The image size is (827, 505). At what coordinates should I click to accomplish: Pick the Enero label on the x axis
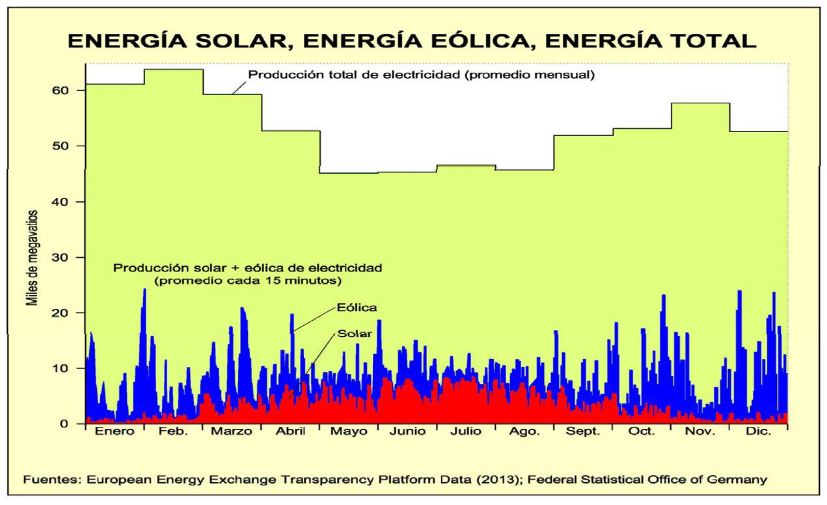coord(114,432)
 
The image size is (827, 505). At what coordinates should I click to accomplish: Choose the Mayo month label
coord(349,432)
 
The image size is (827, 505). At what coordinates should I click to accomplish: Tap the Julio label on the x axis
coord(466,432)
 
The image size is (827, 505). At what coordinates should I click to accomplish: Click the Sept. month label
coord(582,432)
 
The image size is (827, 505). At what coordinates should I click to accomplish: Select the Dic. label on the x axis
coord(759,432)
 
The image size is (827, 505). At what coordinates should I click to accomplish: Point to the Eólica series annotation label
coord(357,306)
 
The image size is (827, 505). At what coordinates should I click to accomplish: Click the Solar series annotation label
coord(355,334)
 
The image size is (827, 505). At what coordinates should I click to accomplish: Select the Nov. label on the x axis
coord(700,432)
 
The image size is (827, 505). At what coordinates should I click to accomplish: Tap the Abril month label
coord(290,432)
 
